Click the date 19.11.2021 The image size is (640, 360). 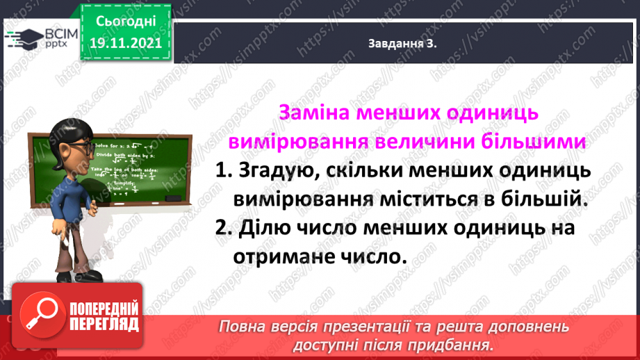pos(125,42)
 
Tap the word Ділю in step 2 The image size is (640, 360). pos(268,228)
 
